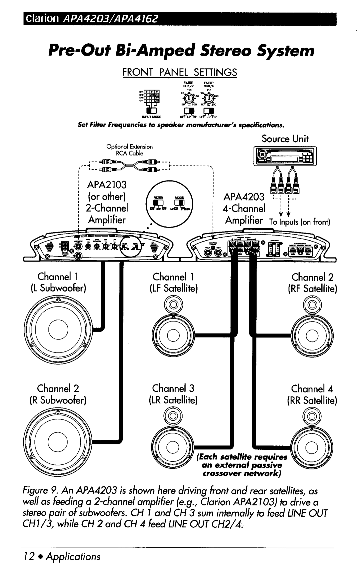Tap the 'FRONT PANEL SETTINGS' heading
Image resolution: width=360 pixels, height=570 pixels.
point(180,72)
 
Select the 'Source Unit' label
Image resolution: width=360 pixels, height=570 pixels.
point(285,139)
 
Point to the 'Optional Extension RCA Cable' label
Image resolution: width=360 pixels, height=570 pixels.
point(129,150)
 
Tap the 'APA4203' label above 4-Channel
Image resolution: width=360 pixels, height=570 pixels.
point(245,197)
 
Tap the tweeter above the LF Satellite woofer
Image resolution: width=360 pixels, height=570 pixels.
point(173,304)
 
